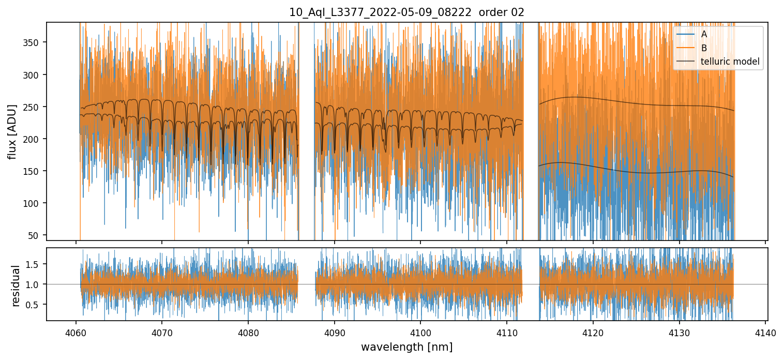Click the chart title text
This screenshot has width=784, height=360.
click(406, 12)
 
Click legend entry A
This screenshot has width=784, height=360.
click(704, 35)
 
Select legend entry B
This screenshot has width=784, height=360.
click(704, 48)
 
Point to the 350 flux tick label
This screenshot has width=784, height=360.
click(33, 42)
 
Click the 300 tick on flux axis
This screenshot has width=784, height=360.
click(33, 74)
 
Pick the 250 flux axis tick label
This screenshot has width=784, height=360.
click(33, 107)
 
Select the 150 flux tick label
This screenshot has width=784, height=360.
click(33, 171)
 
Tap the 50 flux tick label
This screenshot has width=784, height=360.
click(35, 235)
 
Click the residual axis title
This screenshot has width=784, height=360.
click(16, 286)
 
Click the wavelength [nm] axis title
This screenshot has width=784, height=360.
click(406, 347)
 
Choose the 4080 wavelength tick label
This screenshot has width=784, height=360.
click(248, 332)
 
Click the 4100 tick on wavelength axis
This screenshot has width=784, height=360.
click(420, 332)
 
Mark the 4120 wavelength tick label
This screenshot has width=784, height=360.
click(593, 332)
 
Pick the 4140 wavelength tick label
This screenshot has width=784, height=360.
click(765, 332)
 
